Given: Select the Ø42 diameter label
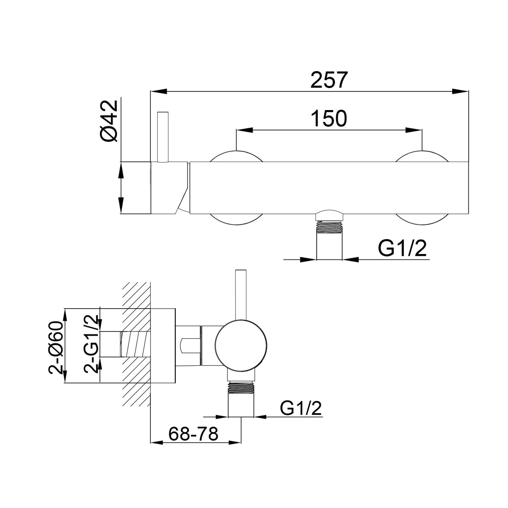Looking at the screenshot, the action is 109,121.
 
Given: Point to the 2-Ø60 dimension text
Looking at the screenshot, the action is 56,348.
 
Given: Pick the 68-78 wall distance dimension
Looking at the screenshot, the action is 193,434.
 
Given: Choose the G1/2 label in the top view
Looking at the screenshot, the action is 402,248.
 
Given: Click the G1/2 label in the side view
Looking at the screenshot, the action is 301,408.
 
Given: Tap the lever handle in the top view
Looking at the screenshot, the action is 163,137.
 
